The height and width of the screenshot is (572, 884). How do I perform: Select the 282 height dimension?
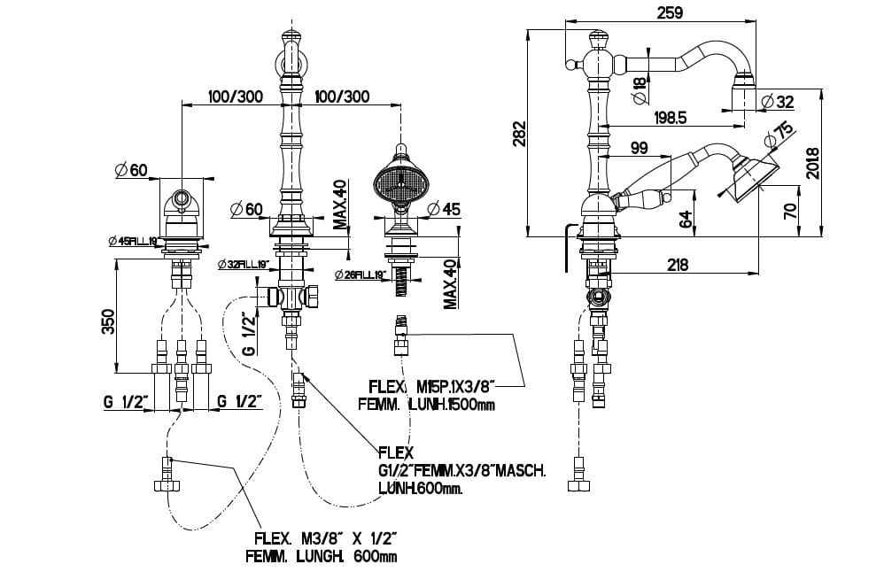click(521, 134)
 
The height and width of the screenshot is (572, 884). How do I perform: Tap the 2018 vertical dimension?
click(812, 162)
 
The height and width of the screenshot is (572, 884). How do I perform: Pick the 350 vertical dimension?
click(106, 320)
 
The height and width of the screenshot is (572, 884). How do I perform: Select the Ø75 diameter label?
click(779, 134)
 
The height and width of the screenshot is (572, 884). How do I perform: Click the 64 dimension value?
click(687, 217)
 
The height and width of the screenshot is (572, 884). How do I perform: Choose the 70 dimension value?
click(790, 210)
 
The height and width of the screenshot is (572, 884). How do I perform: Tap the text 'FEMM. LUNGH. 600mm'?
click(322, 556)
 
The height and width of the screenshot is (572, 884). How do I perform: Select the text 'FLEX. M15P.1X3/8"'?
click(429, 387)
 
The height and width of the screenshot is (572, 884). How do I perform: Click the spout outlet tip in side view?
click(742, 88)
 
